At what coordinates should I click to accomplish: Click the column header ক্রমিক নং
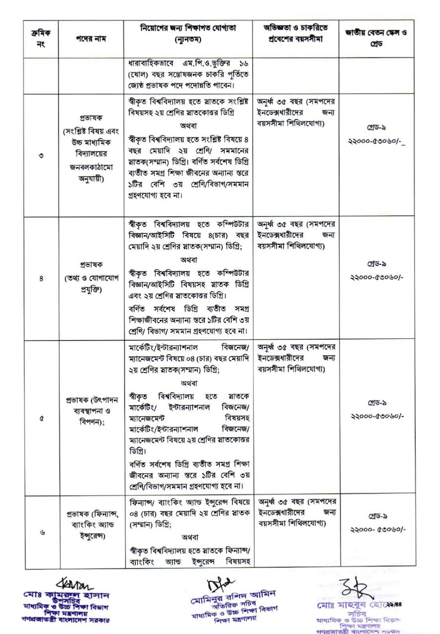(41, 38)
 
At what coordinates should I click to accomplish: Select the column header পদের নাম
(91, 39)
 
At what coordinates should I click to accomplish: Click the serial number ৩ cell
(41, 155)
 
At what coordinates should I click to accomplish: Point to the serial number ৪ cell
(41, 278)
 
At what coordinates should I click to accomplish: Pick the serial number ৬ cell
(42, 533)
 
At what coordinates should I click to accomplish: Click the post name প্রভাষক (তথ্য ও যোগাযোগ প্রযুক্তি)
(91, 277)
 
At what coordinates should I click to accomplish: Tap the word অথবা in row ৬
(190, 537)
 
